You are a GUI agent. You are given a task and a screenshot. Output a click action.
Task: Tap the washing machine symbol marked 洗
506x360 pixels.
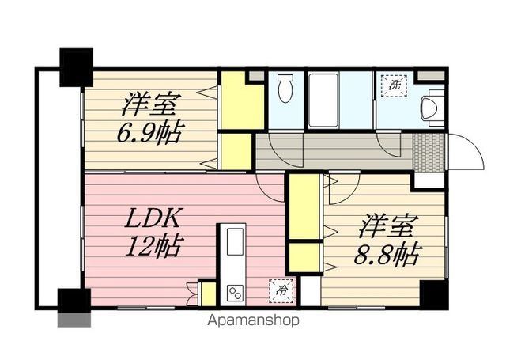click(393, 82)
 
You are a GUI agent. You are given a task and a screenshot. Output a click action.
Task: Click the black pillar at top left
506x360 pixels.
click(77, 66)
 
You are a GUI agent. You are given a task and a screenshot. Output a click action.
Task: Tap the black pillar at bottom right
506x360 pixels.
click(434, 294)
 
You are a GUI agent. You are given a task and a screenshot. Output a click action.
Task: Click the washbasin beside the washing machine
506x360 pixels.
click(432, 106)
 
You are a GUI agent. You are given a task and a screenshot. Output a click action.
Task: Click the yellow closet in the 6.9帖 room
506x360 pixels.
click(237, 100)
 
